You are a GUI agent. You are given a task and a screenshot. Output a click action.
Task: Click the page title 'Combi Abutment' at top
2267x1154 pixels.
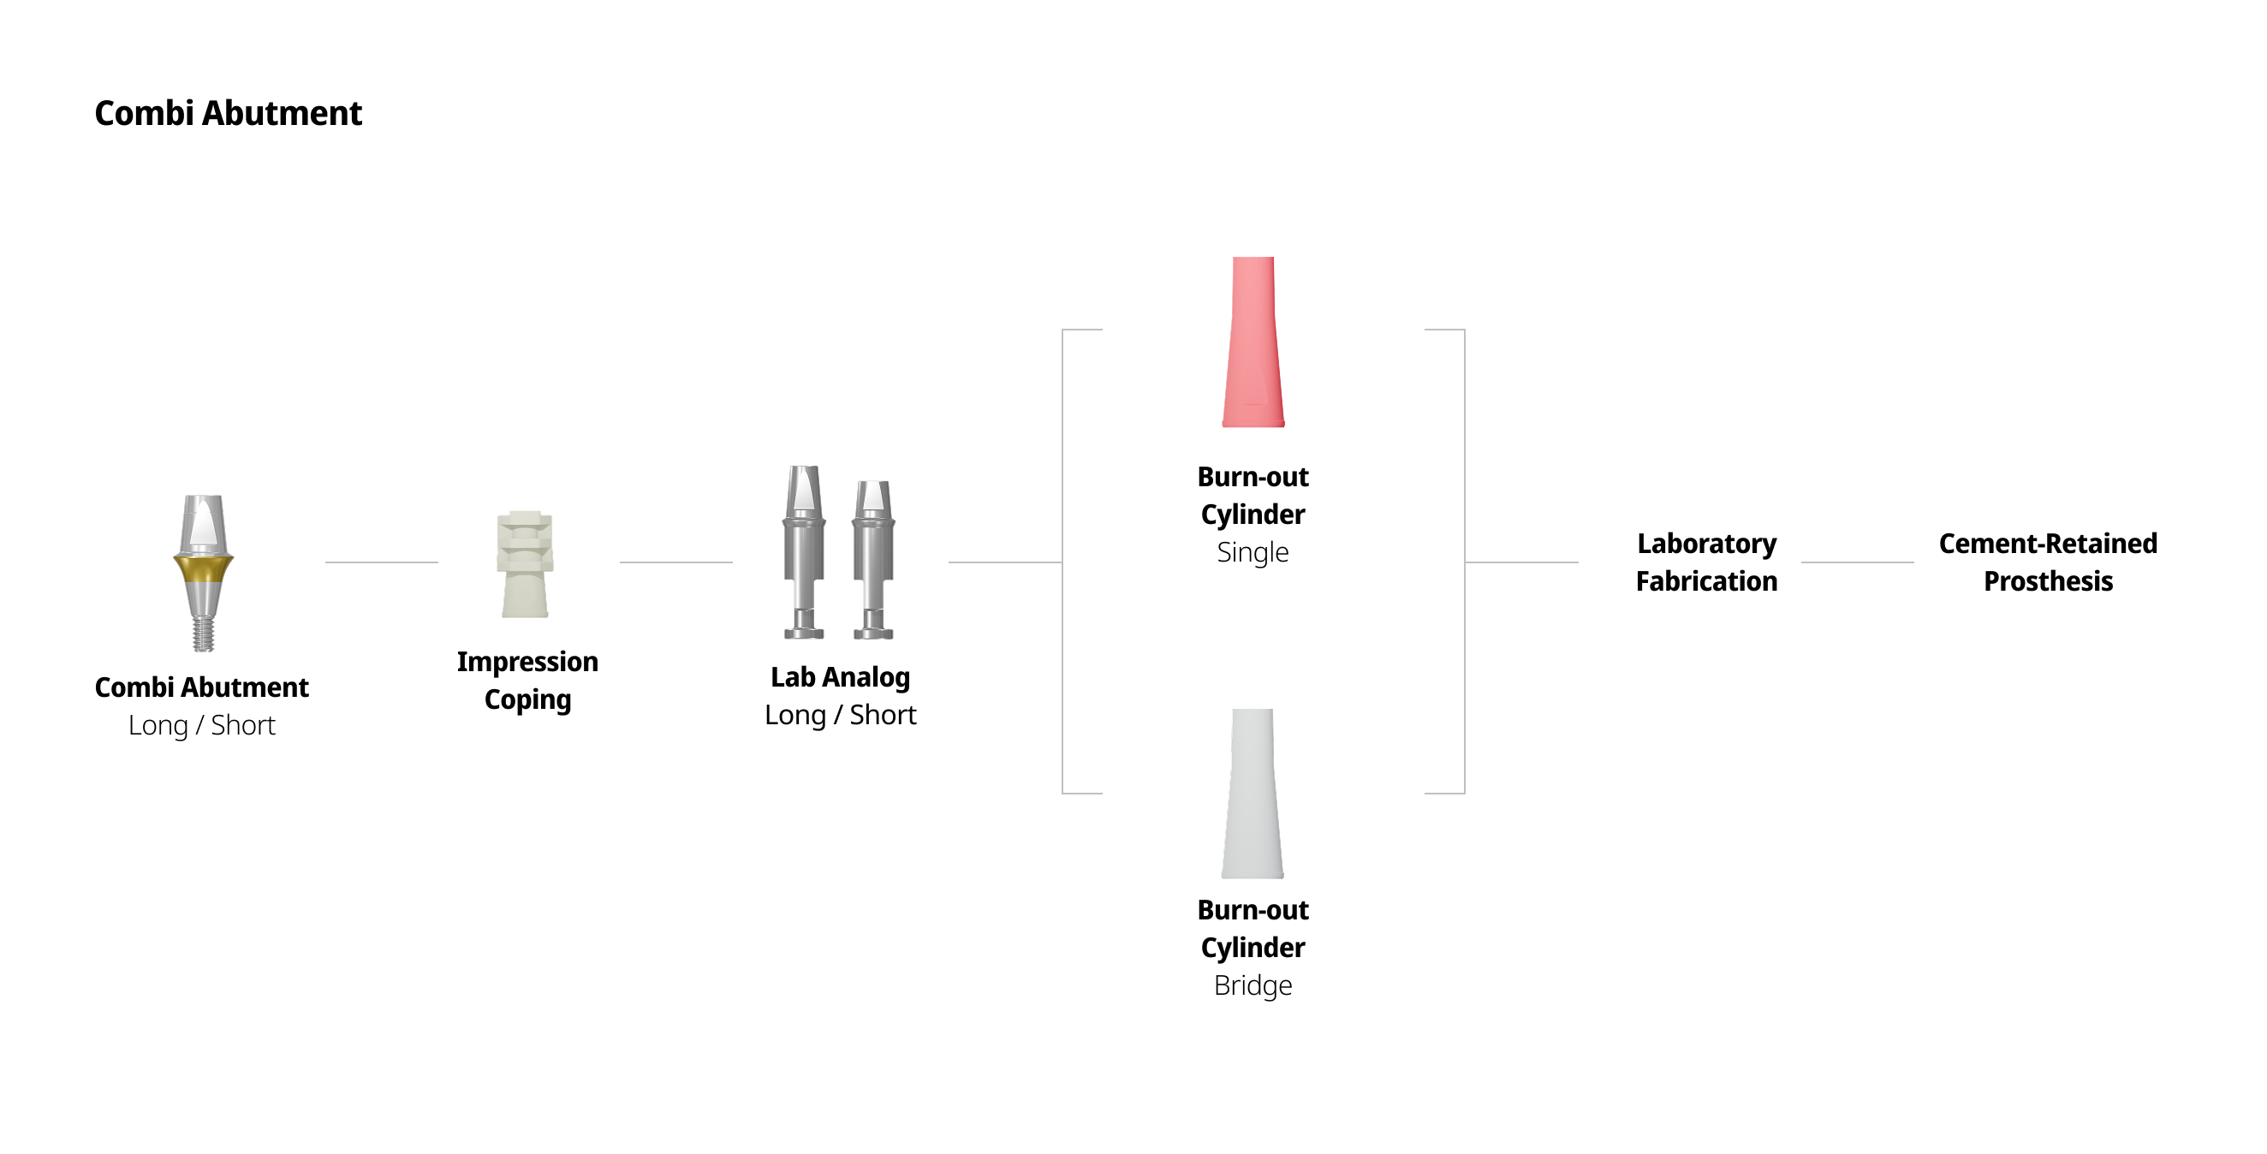click(228, 114)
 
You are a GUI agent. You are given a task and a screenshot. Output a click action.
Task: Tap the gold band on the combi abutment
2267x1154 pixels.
click(203, 568)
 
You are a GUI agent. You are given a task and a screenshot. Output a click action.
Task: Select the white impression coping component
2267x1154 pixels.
click(526, 564)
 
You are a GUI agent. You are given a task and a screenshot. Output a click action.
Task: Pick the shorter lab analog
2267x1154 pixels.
click(873, 559)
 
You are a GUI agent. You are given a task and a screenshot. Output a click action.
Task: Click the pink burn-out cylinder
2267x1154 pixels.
click(1253, 343)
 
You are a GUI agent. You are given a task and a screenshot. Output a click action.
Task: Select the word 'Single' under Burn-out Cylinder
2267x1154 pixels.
click(1253, 552)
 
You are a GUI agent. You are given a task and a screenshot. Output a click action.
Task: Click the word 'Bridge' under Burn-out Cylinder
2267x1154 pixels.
click(1253, 985)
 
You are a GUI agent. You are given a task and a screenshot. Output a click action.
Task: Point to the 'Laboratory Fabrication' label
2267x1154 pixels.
click(1706, 562)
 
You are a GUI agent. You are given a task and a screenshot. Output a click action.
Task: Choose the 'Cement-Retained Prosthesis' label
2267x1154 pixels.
click(2048, 562)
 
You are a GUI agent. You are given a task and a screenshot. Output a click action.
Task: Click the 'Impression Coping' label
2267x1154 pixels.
click(527, 681)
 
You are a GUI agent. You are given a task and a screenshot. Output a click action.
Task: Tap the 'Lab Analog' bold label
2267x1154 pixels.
click(841, 677)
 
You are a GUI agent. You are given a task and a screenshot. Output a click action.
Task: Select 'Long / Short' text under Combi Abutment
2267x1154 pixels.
click(201, 725)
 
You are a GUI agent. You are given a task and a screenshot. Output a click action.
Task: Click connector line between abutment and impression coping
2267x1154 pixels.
click(381, 562)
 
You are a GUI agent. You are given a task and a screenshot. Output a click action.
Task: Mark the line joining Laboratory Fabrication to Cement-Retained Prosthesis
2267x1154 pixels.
click(1857, 562)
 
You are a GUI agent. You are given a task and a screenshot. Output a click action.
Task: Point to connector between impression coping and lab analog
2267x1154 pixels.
click(675, 562)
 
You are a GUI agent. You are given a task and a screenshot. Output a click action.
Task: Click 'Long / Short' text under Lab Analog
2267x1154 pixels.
click(841, 715)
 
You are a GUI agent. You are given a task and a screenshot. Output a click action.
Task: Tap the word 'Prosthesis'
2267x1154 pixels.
click(2048, 582)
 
